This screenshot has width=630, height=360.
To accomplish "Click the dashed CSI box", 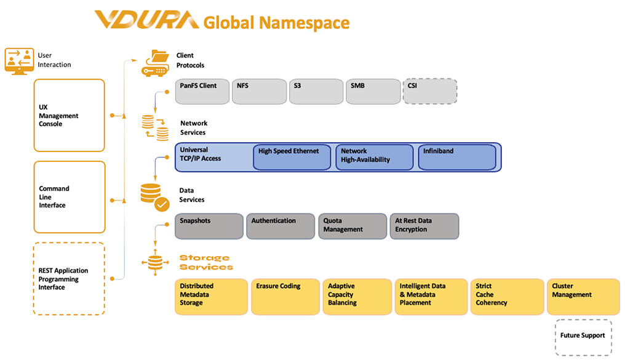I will [429, 91].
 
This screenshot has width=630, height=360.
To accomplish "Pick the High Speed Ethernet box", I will [292, 157].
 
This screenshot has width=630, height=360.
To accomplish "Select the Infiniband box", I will [457, 157].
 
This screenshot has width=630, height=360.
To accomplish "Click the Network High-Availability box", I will [374, 157].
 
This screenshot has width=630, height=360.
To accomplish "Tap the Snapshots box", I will [209, 226].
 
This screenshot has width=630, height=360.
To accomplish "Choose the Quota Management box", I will [352, 226].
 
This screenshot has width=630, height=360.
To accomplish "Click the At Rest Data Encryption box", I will [424, 226].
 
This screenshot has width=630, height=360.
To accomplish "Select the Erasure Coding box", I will [285, 297].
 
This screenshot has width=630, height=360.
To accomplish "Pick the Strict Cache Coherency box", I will [506, 297].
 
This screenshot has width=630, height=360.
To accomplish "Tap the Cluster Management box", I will [583, 297].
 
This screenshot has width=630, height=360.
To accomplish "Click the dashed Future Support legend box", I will [583, 337].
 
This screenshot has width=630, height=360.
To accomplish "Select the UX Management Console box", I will [69, 115].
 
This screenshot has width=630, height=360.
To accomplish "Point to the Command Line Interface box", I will [69, 197].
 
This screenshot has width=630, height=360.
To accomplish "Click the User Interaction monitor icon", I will [18, 60].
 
